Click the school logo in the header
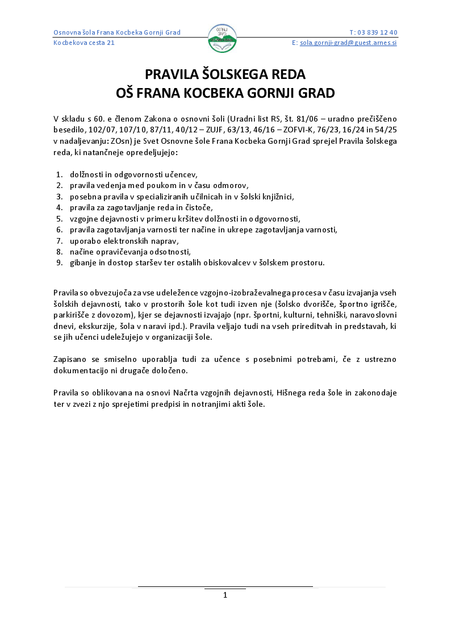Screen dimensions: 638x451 222,39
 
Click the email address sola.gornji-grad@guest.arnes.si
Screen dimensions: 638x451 348,43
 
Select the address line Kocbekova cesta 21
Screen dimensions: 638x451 84,43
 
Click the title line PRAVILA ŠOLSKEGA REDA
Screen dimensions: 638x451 225,74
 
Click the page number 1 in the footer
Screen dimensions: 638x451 225,595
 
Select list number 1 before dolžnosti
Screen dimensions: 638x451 59,175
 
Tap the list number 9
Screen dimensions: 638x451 59,262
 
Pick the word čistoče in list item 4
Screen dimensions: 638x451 199,208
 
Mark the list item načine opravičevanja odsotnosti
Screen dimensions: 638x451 130,252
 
